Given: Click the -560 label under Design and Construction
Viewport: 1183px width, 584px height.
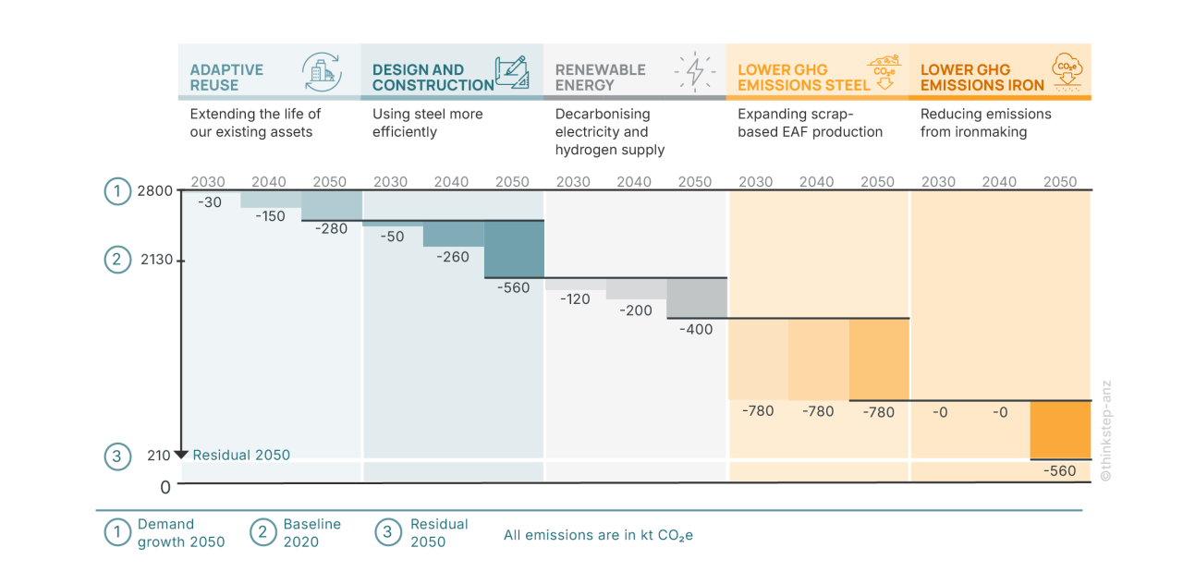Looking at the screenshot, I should coord(513,287).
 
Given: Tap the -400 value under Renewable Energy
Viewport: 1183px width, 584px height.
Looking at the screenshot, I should coord(696,329).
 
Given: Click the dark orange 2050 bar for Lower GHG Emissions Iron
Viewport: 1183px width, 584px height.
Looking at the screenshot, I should coord(1060,430).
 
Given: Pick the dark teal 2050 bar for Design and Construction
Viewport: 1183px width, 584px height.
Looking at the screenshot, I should coord(514,249).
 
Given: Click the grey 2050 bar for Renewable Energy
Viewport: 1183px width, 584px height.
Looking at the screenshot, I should coord(696,298).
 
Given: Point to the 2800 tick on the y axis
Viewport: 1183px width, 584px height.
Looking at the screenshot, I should coord(154,191).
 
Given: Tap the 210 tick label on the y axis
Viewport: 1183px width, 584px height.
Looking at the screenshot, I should coord(158,456).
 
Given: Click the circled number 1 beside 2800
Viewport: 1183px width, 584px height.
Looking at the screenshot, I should coord(116,191).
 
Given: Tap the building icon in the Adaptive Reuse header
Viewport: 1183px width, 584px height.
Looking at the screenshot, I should coord(322,71).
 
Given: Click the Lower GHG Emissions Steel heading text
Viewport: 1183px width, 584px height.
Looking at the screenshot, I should coord(802,77).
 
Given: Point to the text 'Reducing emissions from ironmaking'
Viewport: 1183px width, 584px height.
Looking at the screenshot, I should coord(985,123).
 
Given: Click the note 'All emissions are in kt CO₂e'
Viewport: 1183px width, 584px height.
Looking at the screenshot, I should coord(598,535).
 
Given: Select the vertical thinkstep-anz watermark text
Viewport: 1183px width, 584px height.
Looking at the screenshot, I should coord(1105,430).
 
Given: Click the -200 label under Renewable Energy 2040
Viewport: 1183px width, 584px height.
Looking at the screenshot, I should coord(635,310).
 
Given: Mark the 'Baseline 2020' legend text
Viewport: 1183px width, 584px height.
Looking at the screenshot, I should coord(311,532).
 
